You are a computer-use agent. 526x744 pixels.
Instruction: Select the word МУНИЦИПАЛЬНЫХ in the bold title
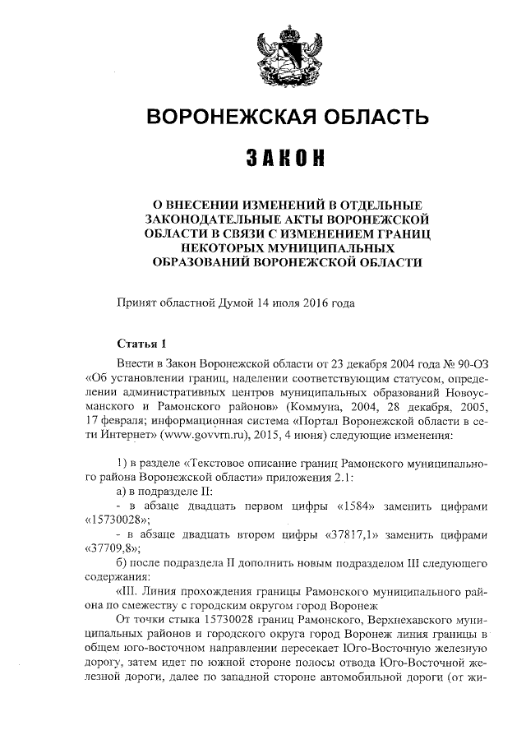[x=309, y=247]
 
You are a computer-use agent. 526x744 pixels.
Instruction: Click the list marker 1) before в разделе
[x=124, y=462]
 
